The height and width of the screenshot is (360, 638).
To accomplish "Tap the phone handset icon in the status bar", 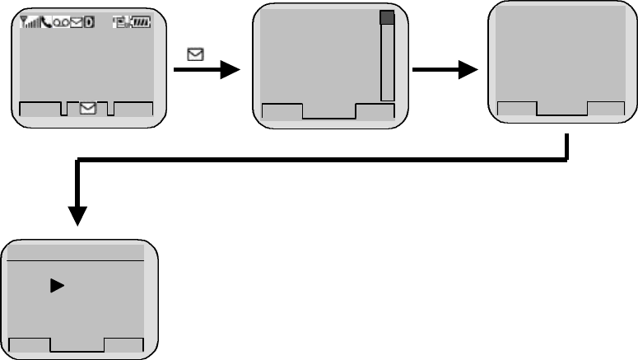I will [x=45, y=23].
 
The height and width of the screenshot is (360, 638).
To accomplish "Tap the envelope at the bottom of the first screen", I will [x=87, y=108].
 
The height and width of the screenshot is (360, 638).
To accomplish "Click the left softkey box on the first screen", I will [x=40, y=108].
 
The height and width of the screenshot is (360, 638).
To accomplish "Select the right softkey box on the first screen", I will [x=133, y=108].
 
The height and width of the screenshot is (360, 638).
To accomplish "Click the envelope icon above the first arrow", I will [x=196, y=55].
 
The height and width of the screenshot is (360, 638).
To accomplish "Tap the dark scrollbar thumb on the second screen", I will [x=387, y=18].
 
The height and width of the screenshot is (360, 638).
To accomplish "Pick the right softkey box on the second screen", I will [x=375, y=112].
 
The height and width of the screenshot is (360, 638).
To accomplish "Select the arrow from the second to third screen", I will [x=445, y=71].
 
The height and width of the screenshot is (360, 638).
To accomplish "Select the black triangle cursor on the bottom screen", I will [x=57, y=286].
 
